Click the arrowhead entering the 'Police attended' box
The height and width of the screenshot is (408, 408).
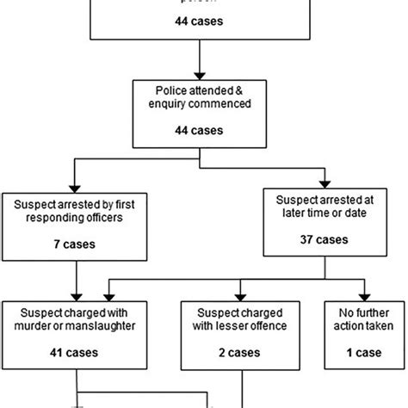[199, 75]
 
